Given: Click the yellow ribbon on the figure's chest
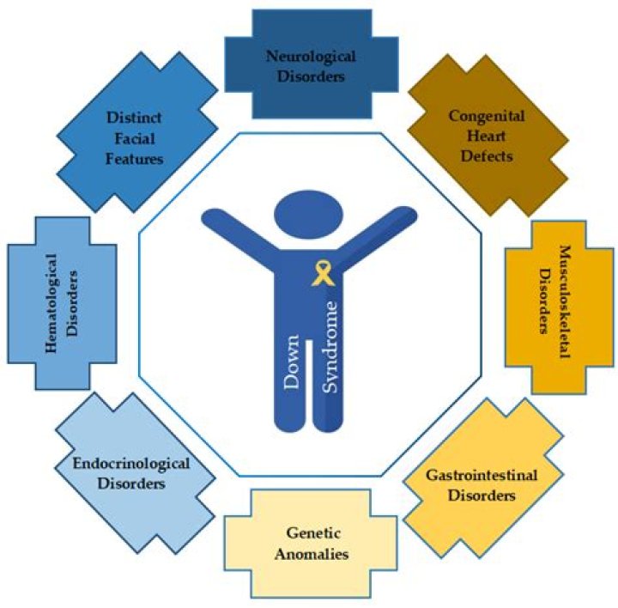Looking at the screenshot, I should click(x=324, y=275).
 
